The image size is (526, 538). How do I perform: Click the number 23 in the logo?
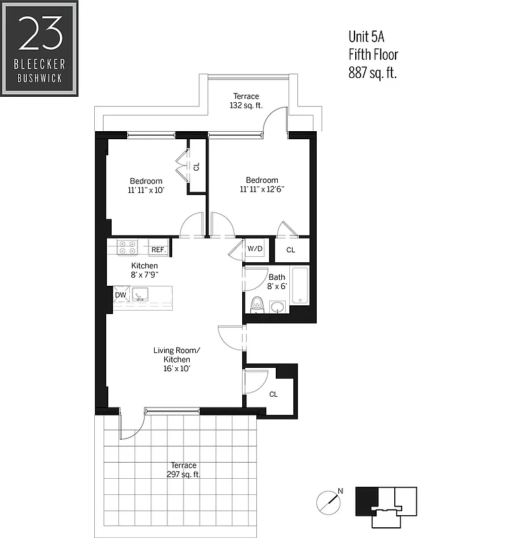[40, 34]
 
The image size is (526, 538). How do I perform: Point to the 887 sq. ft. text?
[372, 73]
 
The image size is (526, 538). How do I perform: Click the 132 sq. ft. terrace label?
[246, 101]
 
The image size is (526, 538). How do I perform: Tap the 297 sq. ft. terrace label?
[184, 469]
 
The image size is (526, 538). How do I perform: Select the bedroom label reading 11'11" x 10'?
[146, 186]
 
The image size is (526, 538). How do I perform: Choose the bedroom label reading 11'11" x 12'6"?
[262, 185]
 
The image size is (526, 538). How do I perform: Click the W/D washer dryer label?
[255, 249]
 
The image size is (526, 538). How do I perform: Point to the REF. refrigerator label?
[159, 249]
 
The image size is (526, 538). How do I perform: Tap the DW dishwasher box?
[120, 295]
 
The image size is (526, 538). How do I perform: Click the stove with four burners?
[128, 247]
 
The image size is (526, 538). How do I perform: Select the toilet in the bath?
[256, 305]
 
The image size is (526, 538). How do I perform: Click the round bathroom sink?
[277, 307]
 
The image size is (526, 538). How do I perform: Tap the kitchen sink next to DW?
[141, 294]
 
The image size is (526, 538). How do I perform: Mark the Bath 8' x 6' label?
[277, 281]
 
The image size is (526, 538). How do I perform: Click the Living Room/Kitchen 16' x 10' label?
[177, 360]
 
